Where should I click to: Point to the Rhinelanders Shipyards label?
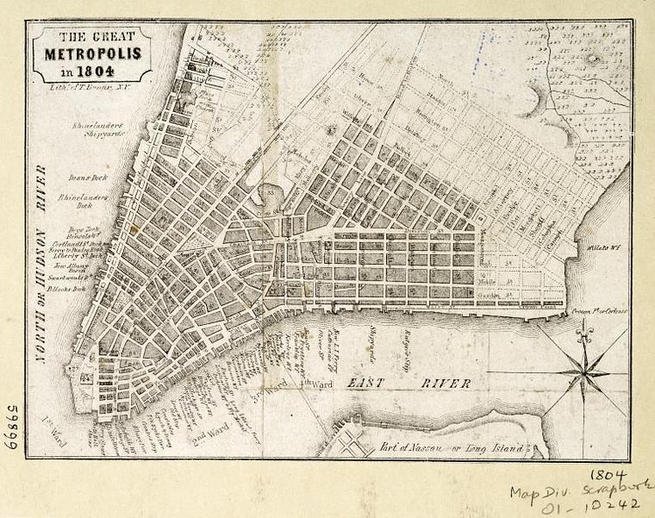coord(97,130)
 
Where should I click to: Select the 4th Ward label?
coord(313,382)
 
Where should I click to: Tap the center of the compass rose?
coord(583,373)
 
